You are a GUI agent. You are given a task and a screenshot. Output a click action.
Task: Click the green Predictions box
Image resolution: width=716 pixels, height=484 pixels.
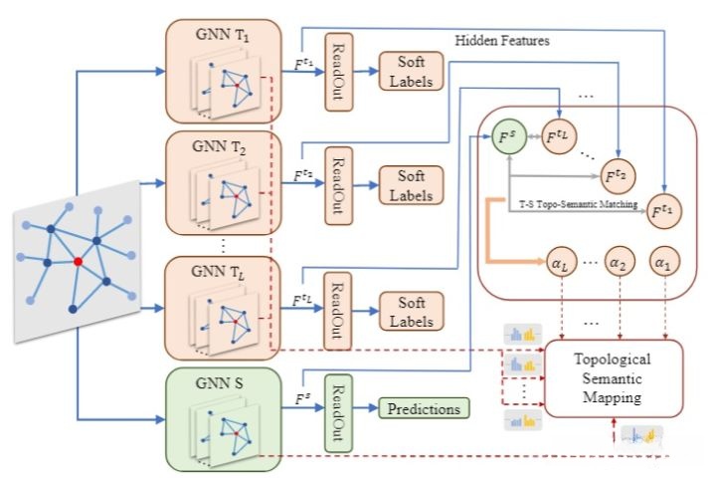pyautogui.click(x=423, y=407)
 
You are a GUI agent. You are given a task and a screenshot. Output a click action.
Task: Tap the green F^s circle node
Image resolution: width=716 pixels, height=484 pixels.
pyautogui.click(x=509, y=134)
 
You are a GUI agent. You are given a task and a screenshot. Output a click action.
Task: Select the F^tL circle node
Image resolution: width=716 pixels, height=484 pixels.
pyautogui.click(x=562, y=136)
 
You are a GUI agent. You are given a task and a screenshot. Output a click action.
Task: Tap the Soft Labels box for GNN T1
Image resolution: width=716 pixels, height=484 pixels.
pyautogui.click(x=412, y=71)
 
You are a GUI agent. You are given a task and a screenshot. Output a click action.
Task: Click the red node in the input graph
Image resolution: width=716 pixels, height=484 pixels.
pyautogui.click(x=78, y=261)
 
